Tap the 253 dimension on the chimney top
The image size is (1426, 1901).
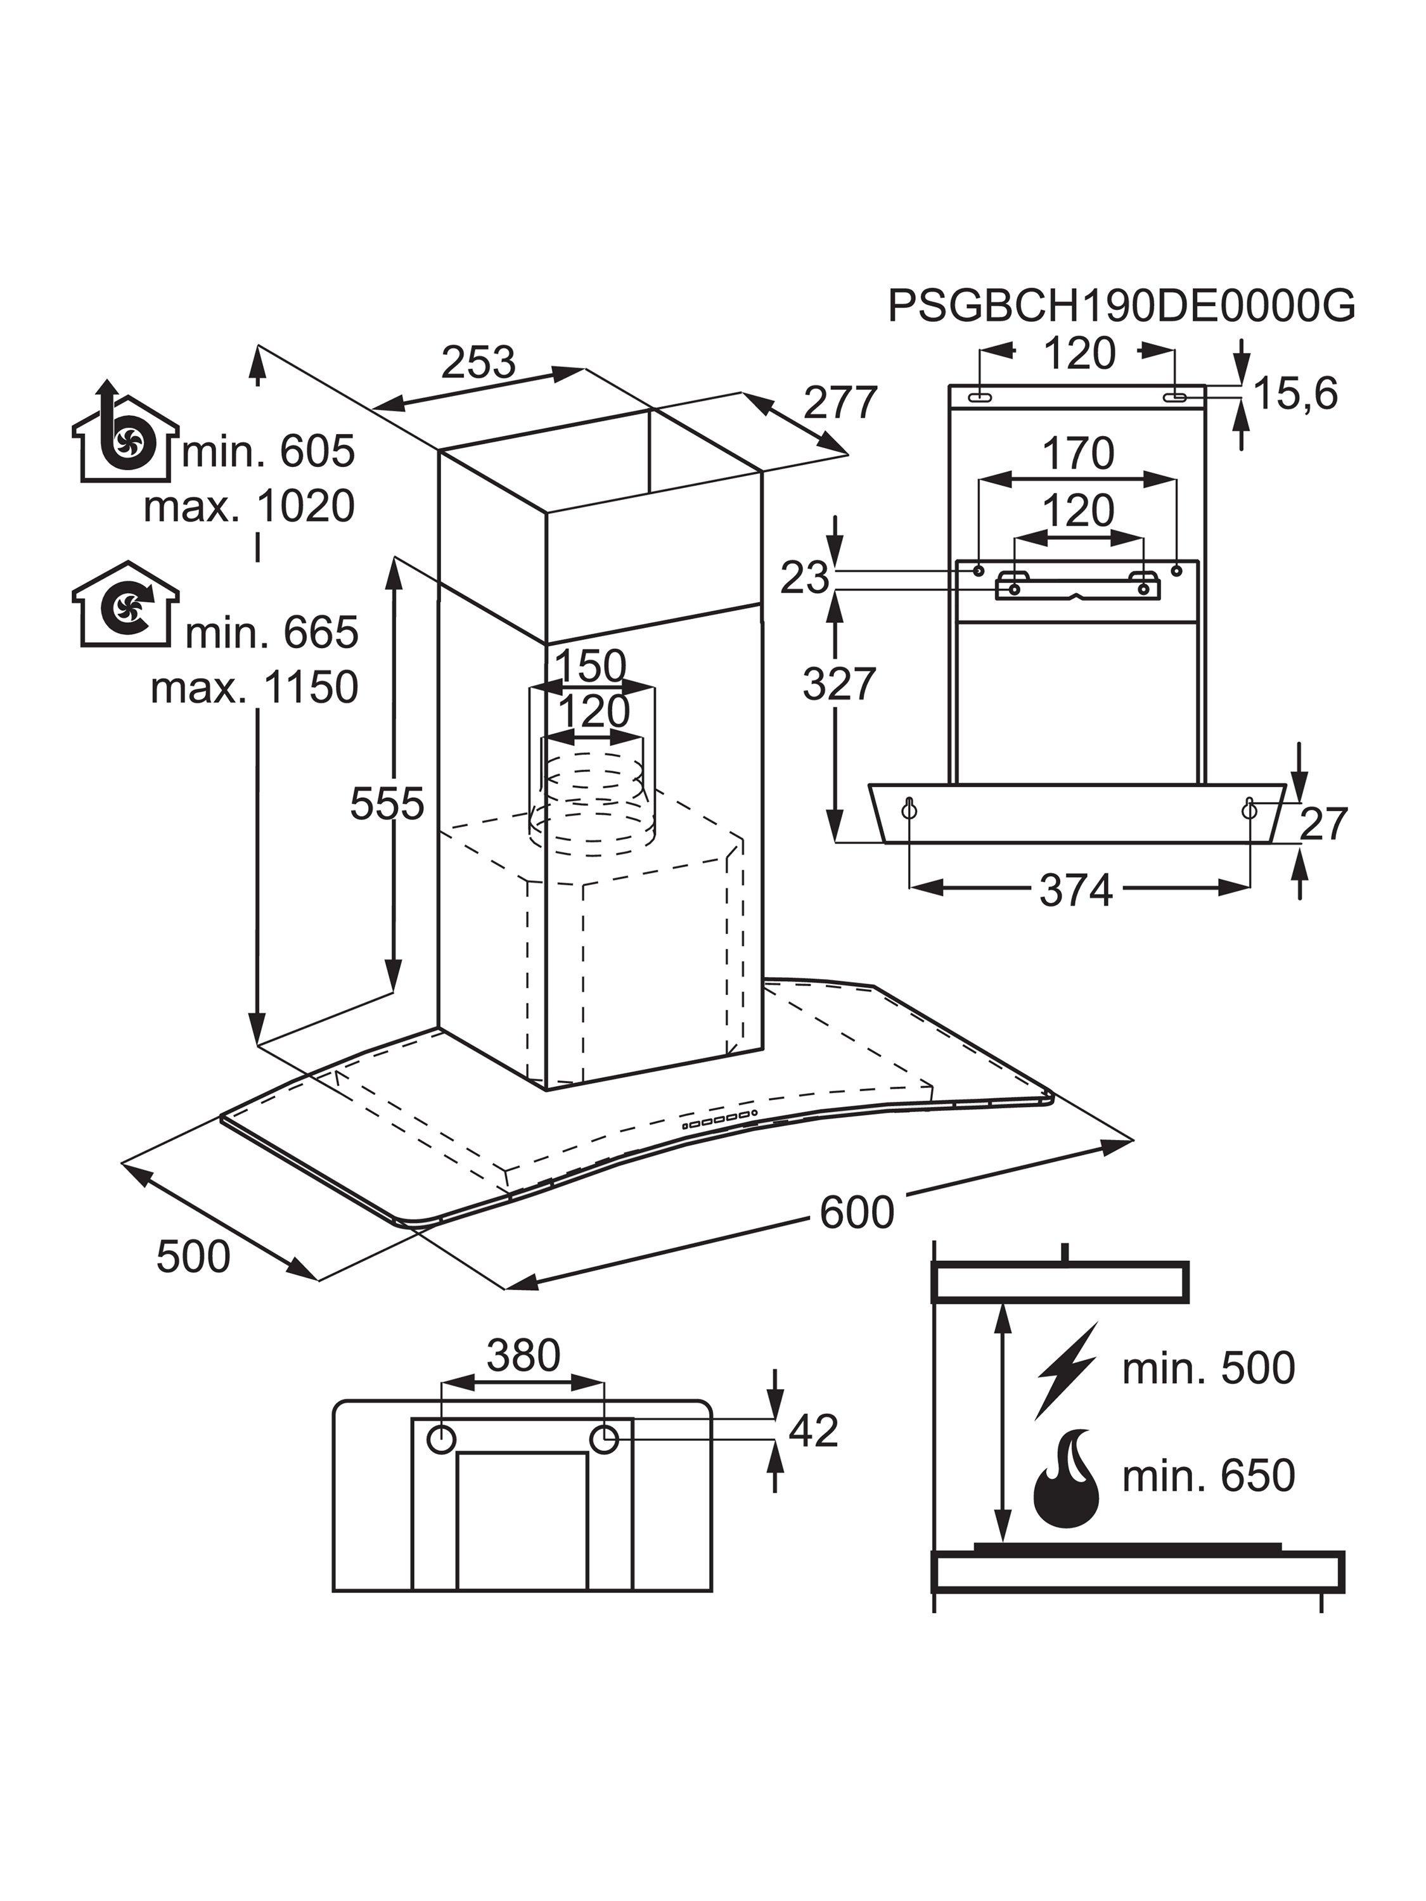point(478,362)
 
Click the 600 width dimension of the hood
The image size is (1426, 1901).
point(856,1213)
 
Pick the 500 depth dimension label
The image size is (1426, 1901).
point(193,1257)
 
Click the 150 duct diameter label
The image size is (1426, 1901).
point(591,666)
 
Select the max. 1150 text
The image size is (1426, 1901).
point(254,688)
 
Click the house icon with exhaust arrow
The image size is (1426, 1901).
point(125,432)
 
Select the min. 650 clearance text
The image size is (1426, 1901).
point(1208,1476)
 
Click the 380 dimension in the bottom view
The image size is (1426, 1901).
point(523,1356)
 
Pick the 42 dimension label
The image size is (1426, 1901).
point(813,1431)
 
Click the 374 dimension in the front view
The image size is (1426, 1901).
point(1076,890)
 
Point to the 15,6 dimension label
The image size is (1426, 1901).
point(1296,395)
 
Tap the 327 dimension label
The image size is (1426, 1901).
point(838,684)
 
